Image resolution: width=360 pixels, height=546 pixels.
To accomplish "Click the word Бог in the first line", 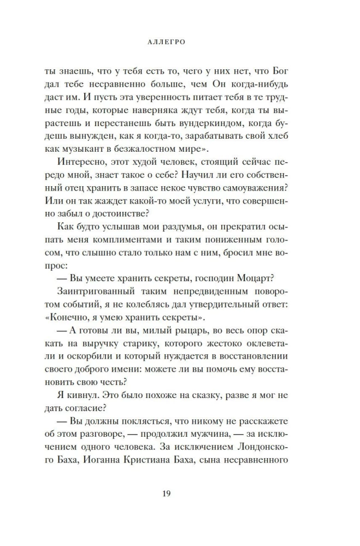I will click(279, 72).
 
